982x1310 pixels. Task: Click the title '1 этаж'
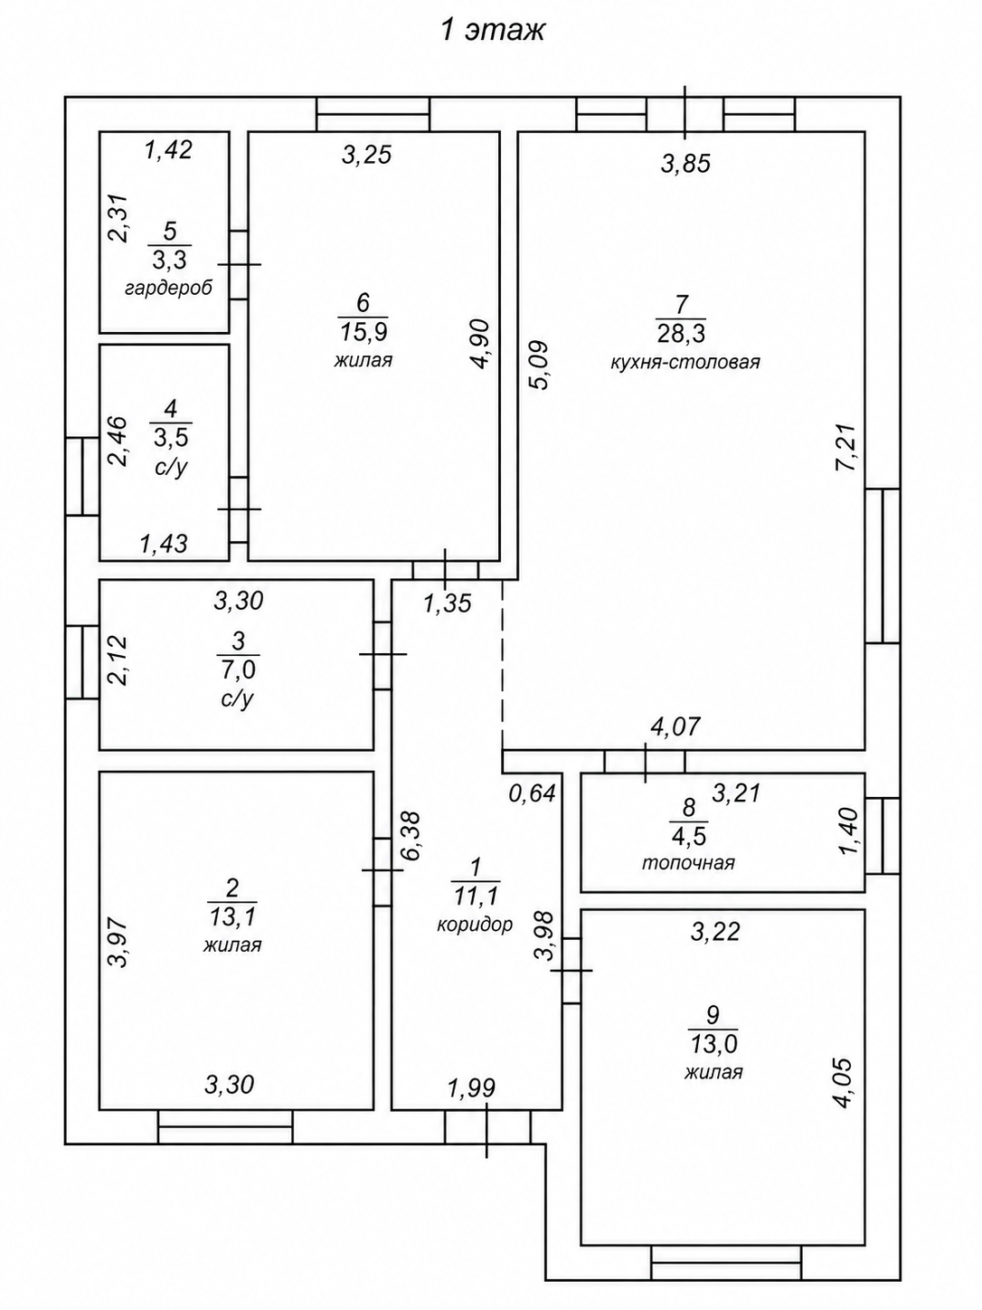point(493,31)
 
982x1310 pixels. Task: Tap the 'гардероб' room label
point(169,289)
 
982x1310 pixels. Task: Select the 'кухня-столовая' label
point(685,362)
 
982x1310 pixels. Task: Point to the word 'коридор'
point(475,925)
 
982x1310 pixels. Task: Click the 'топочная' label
point(688,862)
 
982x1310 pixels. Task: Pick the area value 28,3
point(681,333)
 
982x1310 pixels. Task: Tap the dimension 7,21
point(846,448)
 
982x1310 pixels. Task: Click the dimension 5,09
point(537,365)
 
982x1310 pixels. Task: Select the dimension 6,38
point(411,835)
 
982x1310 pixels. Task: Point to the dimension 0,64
point(532,793)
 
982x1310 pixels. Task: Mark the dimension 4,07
point(675,726)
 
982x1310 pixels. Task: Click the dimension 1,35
point(448,603)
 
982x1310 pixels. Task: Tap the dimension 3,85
point(685,163)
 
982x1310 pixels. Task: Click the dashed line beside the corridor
point(502,664)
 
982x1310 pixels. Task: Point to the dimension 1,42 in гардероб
point(169,149)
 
